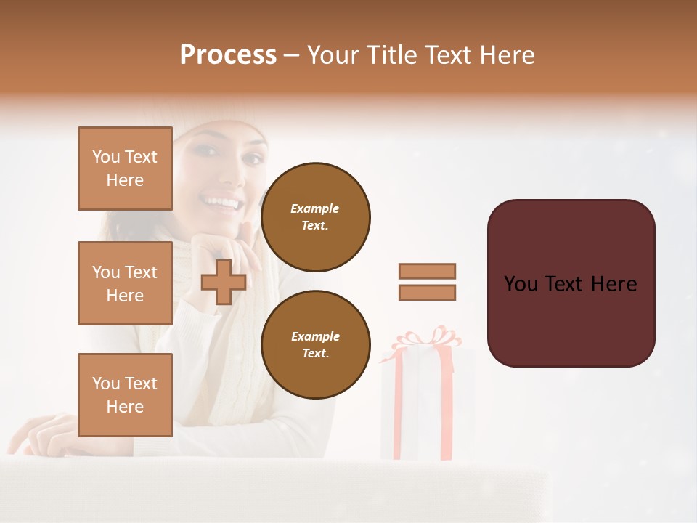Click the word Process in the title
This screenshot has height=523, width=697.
tap(228, 55)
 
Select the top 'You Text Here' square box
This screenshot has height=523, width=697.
tap(125, 169)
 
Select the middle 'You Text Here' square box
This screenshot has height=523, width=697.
tap(125, 283)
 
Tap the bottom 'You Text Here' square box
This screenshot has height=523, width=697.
tap(125, 394)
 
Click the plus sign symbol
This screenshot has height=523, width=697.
tap(224, 282)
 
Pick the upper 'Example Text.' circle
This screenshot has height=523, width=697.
tap(315, 216)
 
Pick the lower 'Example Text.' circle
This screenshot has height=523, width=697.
tap(315, 344)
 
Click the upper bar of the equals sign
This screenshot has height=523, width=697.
tap(427, 271)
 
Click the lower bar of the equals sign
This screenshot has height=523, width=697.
tap(427, 293)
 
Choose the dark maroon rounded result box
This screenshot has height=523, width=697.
tap(571, 283)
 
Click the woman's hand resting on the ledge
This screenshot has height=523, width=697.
tap(44, 433)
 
